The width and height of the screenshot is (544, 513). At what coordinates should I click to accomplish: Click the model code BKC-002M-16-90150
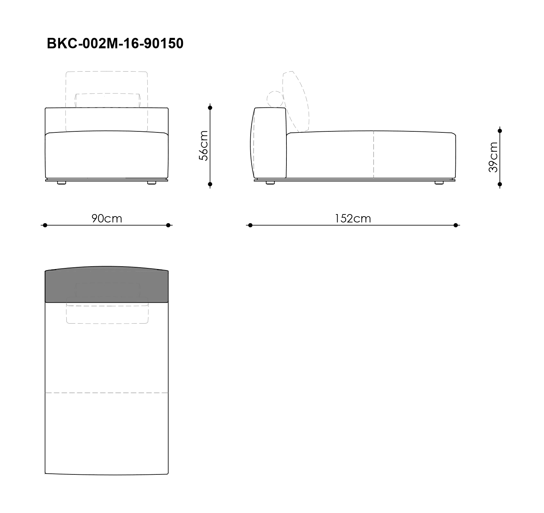coord(115,44)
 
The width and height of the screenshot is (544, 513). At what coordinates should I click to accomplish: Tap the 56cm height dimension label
coord(203,146)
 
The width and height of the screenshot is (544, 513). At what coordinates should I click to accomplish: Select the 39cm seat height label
coord(493,157)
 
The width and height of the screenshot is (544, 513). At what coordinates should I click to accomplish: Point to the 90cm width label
coord(107,218)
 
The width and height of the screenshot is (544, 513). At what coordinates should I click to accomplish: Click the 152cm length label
coord(353,218)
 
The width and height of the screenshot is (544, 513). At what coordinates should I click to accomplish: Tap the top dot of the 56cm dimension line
coord(210,108)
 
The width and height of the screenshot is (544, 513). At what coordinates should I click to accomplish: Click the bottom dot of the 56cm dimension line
coord(210,184)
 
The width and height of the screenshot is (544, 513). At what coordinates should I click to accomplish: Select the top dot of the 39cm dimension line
coord(500,131)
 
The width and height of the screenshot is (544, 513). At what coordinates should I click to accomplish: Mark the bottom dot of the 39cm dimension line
coord(500,184)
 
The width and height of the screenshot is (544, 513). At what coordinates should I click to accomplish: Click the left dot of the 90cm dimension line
coord(45,225)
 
